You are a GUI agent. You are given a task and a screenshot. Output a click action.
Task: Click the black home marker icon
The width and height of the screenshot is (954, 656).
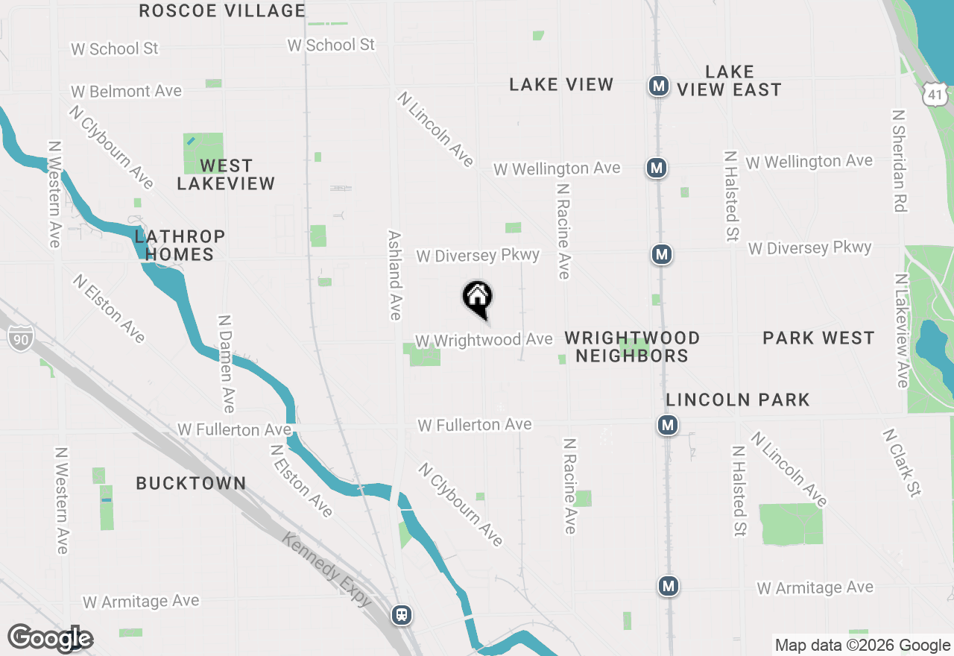(x=478, y=298)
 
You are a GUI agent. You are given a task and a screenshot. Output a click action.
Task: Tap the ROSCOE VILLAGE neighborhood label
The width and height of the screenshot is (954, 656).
(x=222, y=11)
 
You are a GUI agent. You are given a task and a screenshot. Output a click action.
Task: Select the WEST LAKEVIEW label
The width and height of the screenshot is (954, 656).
(x=226, y=174)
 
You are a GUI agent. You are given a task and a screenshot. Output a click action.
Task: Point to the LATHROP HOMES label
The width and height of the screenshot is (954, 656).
(x=180, y=245)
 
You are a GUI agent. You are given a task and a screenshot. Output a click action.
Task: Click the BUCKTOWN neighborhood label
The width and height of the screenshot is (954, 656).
(x=191, y=483)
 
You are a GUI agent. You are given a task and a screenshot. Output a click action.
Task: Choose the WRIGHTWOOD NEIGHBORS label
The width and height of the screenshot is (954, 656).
(x=632, y=347)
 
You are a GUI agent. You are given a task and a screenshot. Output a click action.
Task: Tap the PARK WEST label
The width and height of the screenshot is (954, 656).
(x=818, y=338)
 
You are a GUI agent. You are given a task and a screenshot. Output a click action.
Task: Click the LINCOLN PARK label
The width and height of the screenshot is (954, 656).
(x=738, y=400)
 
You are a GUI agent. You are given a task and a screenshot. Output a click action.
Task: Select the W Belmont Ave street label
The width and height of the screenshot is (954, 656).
(x=127, y=92)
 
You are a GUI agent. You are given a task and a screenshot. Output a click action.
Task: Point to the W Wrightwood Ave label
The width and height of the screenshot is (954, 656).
(x=484, y=340)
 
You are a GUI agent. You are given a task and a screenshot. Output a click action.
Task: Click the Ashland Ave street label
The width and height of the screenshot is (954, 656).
(x=395, y=275)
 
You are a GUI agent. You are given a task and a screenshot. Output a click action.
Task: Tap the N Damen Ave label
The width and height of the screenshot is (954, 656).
(x=226, y=363)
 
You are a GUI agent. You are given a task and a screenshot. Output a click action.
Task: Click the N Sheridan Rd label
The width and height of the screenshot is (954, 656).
(x=900, y=161)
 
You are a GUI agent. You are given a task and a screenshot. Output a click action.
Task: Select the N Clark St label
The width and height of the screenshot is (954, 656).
(x=903, y=462)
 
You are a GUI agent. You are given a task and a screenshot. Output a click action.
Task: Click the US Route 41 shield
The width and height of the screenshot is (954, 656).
(x=935, y=94)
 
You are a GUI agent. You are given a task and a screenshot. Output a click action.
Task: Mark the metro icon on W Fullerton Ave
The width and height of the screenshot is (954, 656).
(x=667, y=426)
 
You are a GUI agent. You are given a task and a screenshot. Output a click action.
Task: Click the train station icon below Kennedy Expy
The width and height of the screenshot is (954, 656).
(x=402, y=615)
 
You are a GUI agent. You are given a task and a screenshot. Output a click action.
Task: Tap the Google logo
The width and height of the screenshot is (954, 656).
(x=50, y=638)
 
